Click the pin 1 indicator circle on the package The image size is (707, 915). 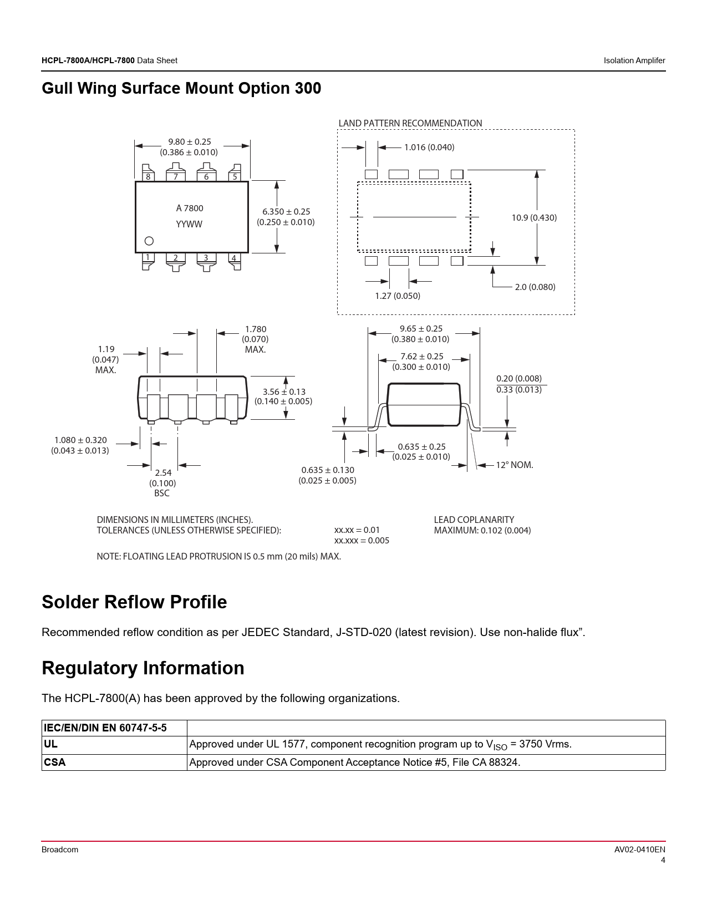pyautogui.click(x=149, y=241)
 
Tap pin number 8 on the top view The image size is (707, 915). pyautogui.click(x=148, y=177)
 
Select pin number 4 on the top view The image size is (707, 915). pyautogui.click(x=233, y=258)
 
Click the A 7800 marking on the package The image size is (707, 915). pyautogui.click(x=190, y=208)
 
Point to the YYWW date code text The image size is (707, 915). pyautogui.click(x=189, y=224)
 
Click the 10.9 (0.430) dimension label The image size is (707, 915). pyautogui.click(x=534, y=218)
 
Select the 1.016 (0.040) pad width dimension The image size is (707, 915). pyautogui.click(x=429, y=148)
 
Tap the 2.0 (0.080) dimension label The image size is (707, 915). pyautogui.click(x=535, y=287)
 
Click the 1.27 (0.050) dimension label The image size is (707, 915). pyautogui.click(x=398, y=296)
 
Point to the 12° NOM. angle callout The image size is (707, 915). pyautogui.click(x=514, y=465)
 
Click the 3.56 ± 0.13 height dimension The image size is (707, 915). pyautogui.click(x=284, y=392)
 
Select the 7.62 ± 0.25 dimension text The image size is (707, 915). pyautogui.click(x=421, y=356)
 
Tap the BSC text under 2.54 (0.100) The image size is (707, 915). pyautogui.click(x=162, y=493)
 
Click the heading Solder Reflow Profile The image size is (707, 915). pyautogui.click(x=134, y=602)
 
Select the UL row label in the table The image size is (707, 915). pyautogui.click(x=50, y=744)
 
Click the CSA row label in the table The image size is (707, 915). pyautogui.click(x=55, y=762)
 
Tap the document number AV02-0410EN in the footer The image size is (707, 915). pyautogui.click(x=639, y=850)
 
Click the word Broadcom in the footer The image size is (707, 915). pyautogui.click(x=60, y=850)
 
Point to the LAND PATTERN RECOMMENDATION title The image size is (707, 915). pyautogui.click(x=410, y=123)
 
